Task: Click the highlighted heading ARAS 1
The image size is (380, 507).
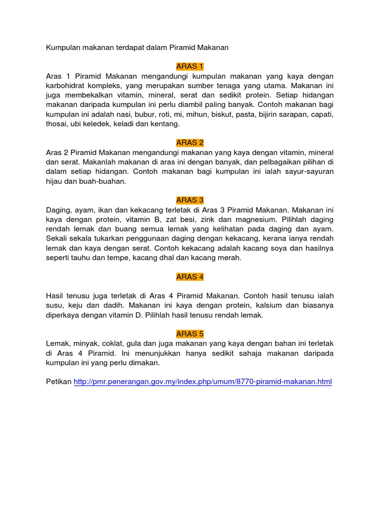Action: point(190,66)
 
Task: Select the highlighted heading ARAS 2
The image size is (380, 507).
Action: point(190,143)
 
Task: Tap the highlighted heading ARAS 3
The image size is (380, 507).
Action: point(190,200)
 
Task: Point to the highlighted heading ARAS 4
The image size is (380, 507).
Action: point(190,277)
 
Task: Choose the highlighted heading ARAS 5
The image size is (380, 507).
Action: point(190,334)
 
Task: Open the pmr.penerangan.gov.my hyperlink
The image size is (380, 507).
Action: point(203,382)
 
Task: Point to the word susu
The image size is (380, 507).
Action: point(55,305)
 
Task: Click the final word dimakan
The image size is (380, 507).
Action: point(145,362)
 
